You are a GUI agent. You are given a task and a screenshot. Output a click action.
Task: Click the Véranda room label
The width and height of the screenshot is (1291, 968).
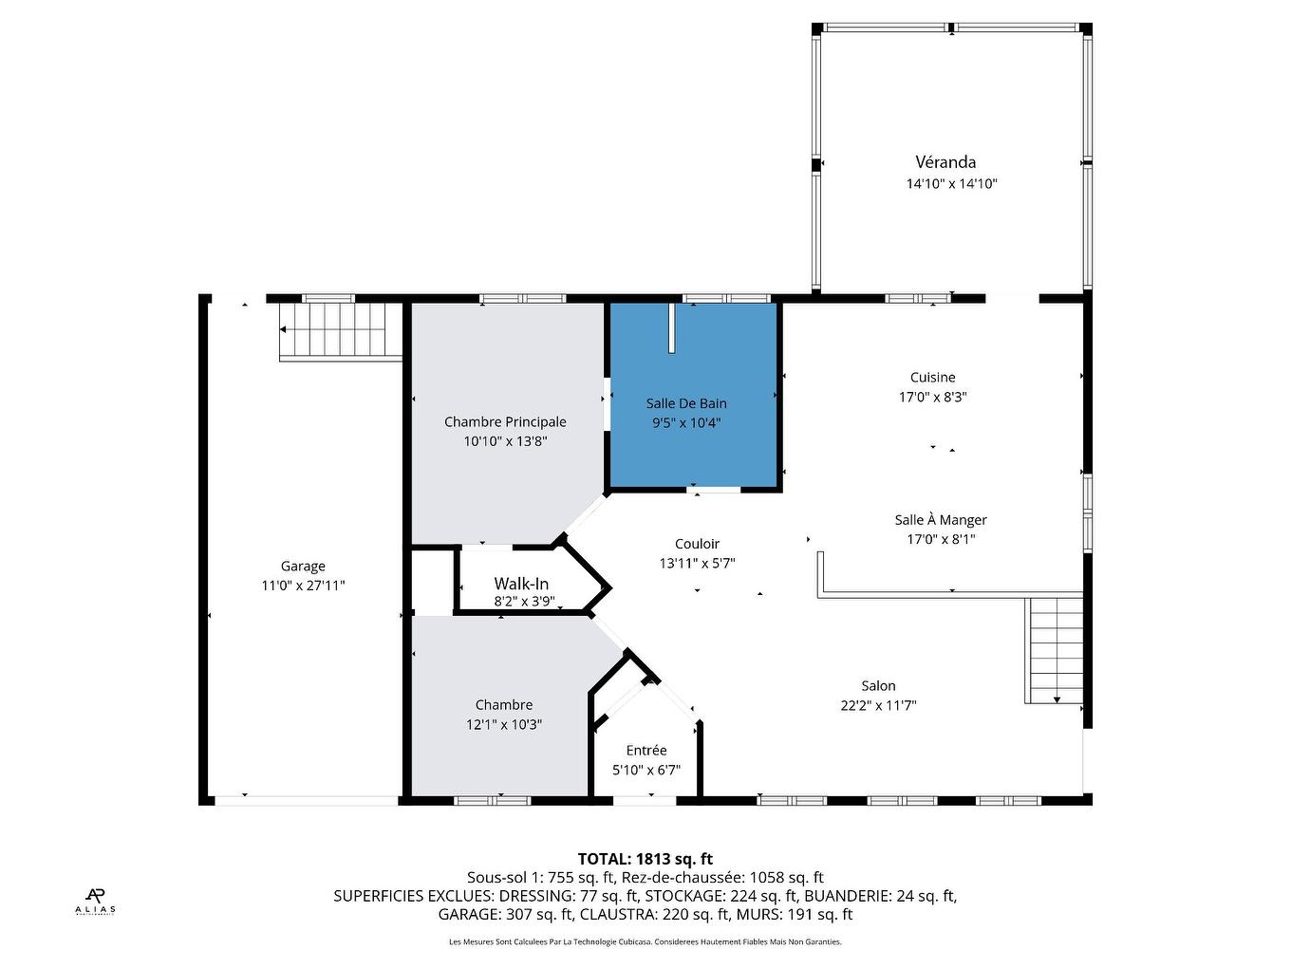(x=945, y=162)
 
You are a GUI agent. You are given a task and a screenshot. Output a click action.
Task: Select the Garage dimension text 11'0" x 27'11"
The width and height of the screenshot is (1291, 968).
(x=303, y=586)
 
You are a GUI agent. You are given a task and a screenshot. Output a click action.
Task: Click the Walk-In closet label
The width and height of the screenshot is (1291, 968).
(x=520, y=584)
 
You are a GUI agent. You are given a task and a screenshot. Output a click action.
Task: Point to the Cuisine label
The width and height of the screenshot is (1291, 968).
(x=932, y=378)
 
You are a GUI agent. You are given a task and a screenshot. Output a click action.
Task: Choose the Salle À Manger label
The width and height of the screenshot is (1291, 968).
(x=940, y=520)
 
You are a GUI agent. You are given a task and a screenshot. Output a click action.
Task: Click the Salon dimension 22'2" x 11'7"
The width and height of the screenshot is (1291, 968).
(x=878, y=706)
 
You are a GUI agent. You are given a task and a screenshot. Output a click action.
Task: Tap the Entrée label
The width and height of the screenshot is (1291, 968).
(x=645, y=751)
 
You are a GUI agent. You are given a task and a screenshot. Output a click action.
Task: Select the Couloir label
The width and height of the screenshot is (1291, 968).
(x=697, y=544)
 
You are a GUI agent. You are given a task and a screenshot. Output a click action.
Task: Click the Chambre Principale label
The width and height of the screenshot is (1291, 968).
(x=505, y=422)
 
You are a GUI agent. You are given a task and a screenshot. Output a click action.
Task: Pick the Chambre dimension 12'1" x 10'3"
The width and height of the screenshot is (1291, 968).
(x=503, y=725)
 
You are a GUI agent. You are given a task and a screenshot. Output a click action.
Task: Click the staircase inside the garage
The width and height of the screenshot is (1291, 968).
(x=339, y=329)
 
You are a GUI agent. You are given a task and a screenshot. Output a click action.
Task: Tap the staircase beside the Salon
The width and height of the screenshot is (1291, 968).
(x=1055, y=651)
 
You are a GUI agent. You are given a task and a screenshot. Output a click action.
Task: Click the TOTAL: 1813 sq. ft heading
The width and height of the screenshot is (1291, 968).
(x=645, y=860)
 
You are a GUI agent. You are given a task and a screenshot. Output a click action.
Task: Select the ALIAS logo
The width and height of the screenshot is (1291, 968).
(x=95, y=900)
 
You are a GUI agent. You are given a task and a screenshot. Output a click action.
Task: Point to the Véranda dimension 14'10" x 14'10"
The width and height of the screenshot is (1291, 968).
(x=951, y=184)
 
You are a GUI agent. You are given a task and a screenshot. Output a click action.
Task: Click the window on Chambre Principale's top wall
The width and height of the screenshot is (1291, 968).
(x=522, y=299)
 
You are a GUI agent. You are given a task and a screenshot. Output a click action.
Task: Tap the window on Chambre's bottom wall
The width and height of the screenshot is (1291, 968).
(x=492, y=801)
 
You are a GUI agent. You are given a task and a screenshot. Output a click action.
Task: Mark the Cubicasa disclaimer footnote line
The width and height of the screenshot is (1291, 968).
(x=645, y=942)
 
